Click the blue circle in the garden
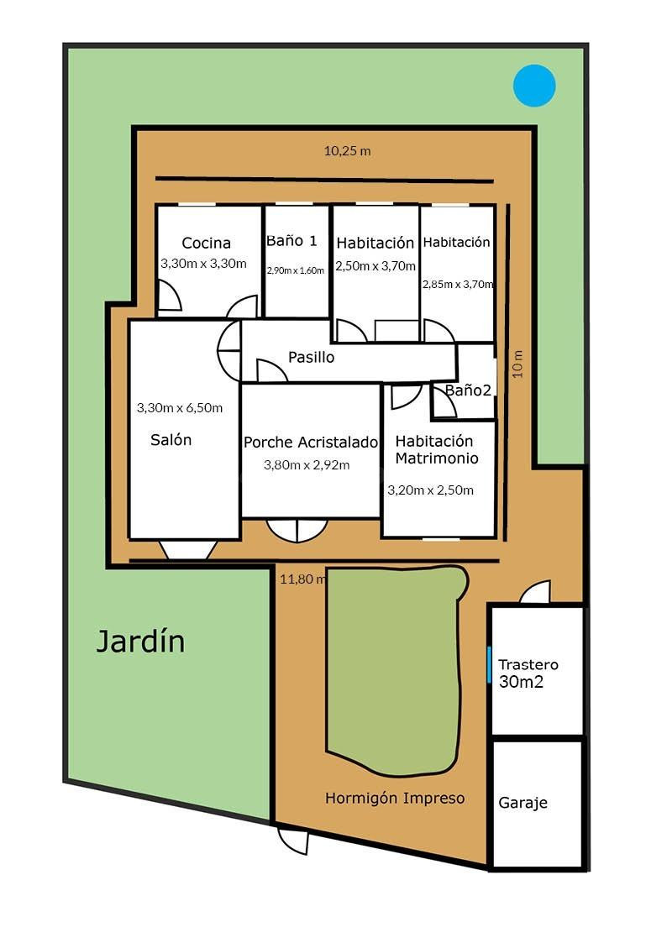point(534,86)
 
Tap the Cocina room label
point(207,243)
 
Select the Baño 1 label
point(291,240)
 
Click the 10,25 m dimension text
point(348,151)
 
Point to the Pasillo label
point(311,357)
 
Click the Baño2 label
point(468,390)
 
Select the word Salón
point(171,440)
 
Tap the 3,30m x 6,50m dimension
point(180,408)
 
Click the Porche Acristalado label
point(310,442)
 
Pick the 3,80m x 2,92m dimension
point(307,465)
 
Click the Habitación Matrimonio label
point(437,450)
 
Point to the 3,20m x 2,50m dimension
point(431,490)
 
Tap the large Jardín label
point(141,641)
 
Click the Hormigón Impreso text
point(395,798)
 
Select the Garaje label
point(523,803)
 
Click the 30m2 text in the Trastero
point(521,681)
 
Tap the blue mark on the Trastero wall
point(489,664)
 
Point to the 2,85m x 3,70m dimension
point(458,284)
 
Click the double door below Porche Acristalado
point(297,530)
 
